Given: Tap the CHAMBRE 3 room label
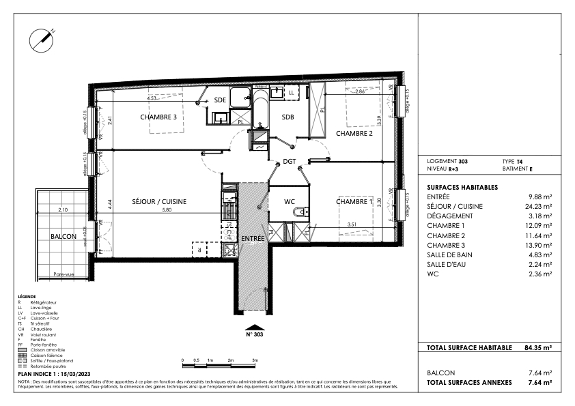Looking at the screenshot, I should [158, 117].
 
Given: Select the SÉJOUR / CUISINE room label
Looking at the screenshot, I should [159, 201].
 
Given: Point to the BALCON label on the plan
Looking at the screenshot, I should [64, 235].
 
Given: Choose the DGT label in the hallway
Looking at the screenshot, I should [290, 161].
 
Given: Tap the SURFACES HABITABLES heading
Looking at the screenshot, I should [462, 187].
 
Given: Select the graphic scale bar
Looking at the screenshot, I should [218, 364].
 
